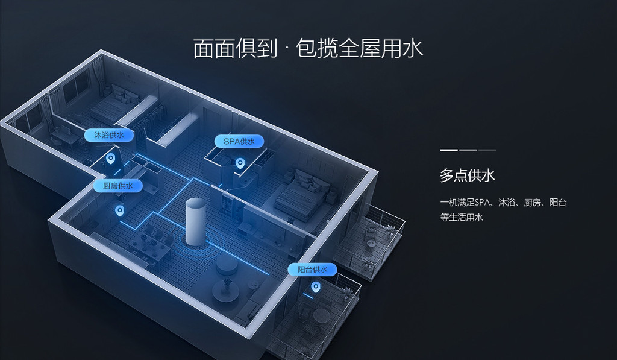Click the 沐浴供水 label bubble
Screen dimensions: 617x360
[109, 135]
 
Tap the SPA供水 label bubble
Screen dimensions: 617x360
[239, 141]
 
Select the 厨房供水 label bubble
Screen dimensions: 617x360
[117, 186]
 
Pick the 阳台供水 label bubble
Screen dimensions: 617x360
[313, 270]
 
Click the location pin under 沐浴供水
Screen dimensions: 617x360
[111, 159]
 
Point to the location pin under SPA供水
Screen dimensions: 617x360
[240, 163]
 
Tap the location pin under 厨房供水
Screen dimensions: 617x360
[119, 210]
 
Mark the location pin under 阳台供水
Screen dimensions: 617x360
[316, 287]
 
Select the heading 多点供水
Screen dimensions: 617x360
[468, 175]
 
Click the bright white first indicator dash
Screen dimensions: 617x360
[448, 150]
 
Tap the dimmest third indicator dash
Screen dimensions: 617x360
[487, 150]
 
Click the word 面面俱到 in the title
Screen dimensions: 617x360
[236, 48]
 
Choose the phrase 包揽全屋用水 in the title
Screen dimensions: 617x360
[359, 48]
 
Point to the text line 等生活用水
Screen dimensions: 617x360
[461, 218]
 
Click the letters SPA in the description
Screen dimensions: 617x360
[482, 203]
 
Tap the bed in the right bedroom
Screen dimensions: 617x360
[301, 193]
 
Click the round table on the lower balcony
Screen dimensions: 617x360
[321, 315]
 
